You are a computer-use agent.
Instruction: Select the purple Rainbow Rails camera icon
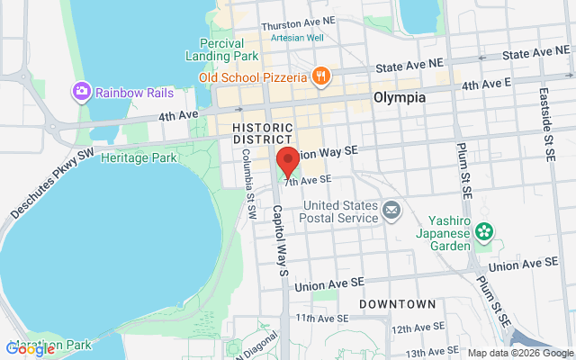pos(82,91)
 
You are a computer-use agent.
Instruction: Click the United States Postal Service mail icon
pos(391,211)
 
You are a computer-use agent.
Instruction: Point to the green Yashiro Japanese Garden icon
pos(484,231)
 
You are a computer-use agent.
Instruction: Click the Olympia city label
pos(399,97)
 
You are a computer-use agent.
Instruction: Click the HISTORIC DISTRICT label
pos(262,134)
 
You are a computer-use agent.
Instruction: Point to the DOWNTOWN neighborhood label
pos(397,304)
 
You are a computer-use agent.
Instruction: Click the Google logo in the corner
pos(31,348)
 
